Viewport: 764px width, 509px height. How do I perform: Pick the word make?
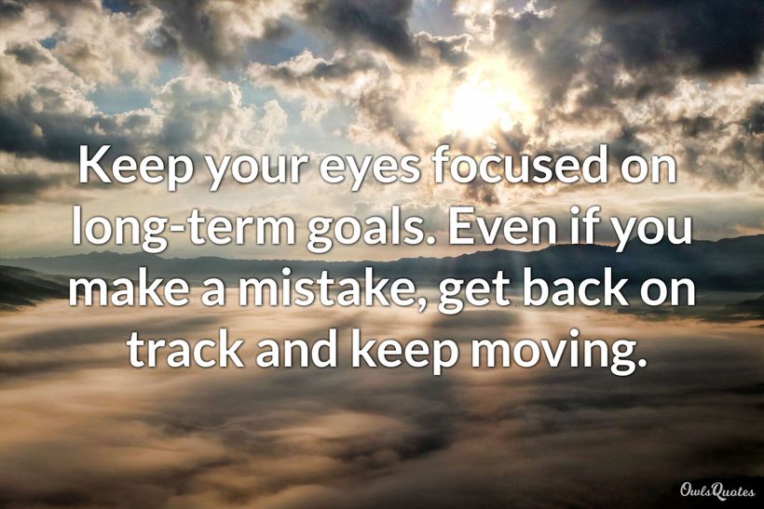[x=130, y=288]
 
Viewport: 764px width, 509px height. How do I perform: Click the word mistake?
[x=322, y=288]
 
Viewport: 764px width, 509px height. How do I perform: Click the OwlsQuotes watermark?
[x=717, y=491]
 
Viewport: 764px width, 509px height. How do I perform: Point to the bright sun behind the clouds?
[x=483, y=104]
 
